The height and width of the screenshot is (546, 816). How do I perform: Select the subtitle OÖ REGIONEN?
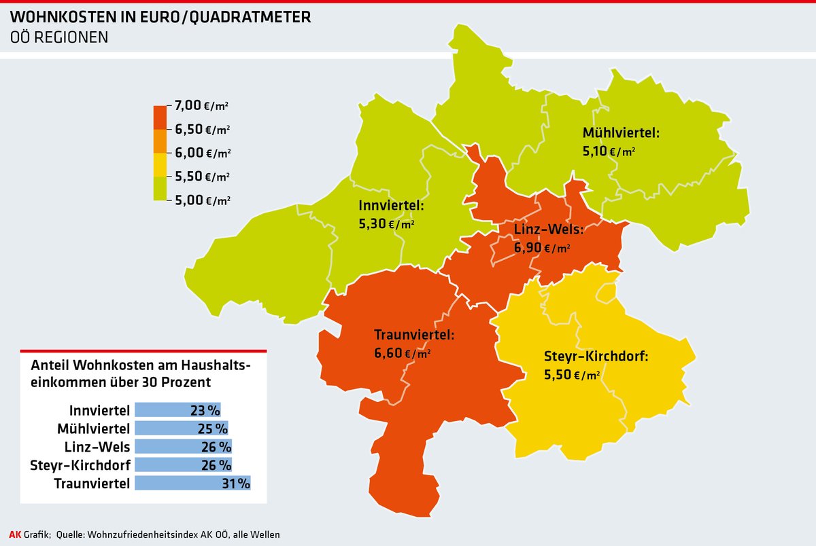click(59, 38)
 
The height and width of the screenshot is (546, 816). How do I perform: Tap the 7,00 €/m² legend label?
click(202, 105)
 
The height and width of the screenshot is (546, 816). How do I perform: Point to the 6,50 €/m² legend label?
click(202, 129)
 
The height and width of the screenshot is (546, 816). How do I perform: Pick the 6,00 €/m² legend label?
click(202, 153)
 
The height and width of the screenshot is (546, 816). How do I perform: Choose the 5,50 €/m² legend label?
click(202, 177)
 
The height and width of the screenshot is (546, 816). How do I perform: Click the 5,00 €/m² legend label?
click(202, 200)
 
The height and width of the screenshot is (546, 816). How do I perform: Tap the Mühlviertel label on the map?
click(621, 132)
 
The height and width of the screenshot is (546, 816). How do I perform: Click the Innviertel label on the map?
click(391, 204)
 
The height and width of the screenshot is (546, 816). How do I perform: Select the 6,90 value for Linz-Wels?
click(527, 248)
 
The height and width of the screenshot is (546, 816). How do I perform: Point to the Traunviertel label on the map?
click(414, 335)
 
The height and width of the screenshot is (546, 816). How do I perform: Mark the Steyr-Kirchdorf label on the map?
click(596, 356)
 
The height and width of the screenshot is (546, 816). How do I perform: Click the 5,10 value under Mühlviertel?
click(595, 151)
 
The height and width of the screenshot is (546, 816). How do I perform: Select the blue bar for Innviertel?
click(177, 410)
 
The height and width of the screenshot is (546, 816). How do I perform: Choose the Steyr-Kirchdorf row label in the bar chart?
click(81, 465)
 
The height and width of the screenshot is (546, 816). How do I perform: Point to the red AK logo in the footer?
click(14, 534)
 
